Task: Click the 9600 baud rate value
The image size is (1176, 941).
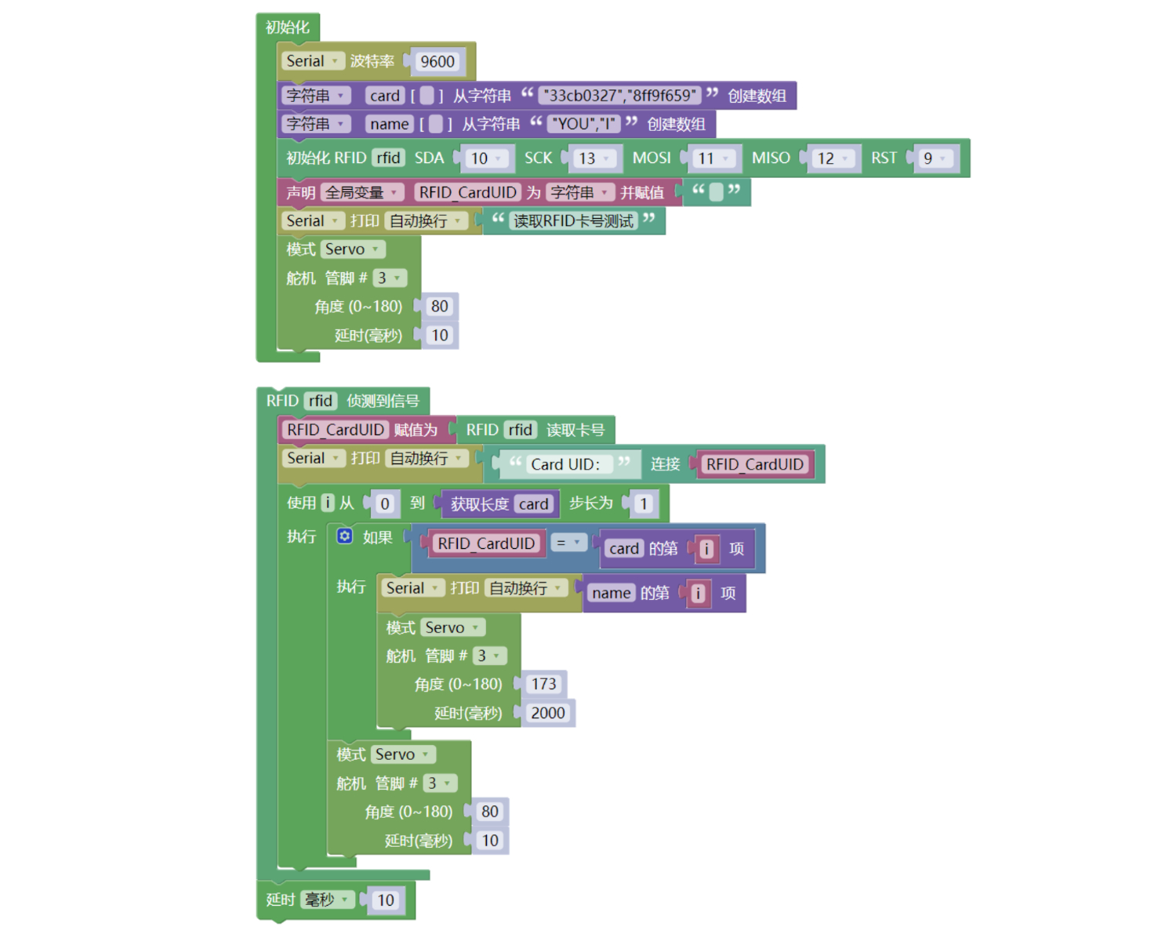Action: pyautogui.click(x=437, y=62)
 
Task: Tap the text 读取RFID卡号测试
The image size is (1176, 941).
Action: pyautogui.click(x=573, y=221)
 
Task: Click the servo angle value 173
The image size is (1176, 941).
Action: pyautogui.click(x=543, y=685)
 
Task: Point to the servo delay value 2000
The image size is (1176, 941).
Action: pyautogui.click(x=547, y=713)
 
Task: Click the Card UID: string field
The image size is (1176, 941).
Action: pyautogui.click(x=565, y=464)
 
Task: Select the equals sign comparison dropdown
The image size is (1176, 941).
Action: pyautogui.click(x=568, y=543)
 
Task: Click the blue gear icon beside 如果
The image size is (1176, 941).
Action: pyautogui.click(x=345, y=536)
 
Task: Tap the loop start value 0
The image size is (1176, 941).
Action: pyautogui.click(x=384, y=504)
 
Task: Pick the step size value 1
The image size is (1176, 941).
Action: pyautogui.click(x=643, y=504)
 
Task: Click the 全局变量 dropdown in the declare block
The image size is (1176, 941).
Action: pyautogui.click(x=361, y=193)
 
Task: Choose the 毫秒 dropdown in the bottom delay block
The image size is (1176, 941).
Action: pyautogui.click(x=326, y=899)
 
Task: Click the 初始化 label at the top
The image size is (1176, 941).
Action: pyautogui.click(x=287, y=27)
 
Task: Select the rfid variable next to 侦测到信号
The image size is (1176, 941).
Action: pyautogui.click(x=320, y=401)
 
